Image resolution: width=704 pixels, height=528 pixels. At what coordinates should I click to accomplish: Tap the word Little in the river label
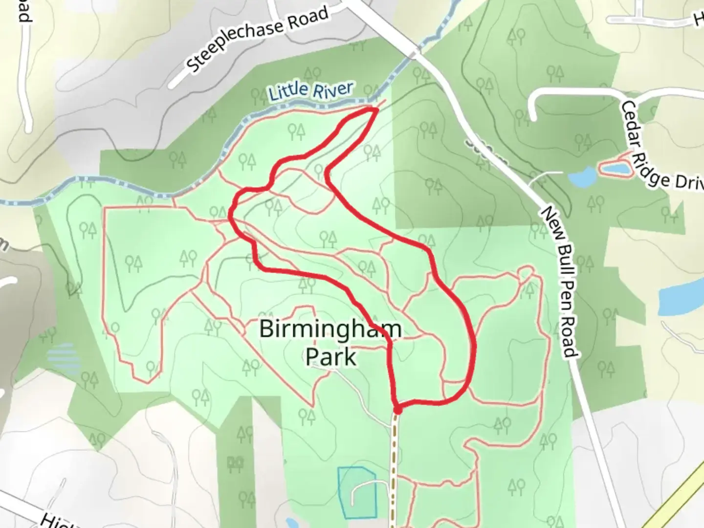point(288,91)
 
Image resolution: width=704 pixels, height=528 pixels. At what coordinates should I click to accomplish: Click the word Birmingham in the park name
point(330,329)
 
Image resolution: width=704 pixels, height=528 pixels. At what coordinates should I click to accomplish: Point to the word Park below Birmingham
point(330,357)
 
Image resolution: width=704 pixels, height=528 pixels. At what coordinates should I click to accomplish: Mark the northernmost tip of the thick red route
point(375,110)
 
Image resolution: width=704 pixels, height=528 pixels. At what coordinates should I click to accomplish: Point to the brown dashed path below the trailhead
point(394,464)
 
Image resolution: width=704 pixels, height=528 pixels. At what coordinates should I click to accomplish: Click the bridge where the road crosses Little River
point(415,51)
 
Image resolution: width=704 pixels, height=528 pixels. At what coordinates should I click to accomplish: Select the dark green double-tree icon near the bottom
point(236,463)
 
